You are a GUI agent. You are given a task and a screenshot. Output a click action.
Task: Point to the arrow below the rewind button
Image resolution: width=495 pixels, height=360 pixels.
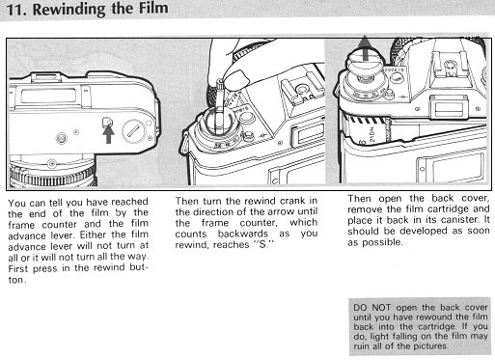click(x=108, y=134)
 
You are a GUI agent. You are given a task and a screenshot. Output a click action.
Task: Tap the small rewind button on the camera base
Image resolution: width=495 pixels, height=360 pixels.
click(x=107, y=122)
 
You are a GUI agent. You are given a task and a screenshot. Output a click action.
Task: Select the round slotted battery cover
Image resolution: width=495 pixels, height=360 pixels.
click(x=134, y=131)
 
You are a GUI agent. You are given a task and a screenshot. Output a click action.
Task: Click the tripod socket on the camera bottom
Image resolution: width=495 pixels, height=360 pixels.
click(x=62, y=138)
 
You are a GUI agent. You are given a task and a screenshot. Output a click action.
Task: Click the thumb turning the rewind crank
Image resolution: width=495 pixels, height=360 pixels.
click(x=236, y=80)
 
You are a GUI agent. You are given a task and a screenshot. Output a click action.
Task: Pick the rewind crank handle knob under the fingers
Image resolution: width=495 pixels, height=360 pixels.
click(x=220, y=85)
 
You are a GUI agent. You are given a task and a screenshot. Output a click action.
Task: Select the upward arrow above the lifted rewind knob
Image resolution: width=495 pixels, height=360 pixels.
click(x=365, y=47)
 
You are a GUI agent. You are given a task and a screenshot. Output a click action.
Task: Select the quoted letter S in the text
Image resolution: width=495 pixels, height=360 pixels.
click(x=263, y=244)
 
